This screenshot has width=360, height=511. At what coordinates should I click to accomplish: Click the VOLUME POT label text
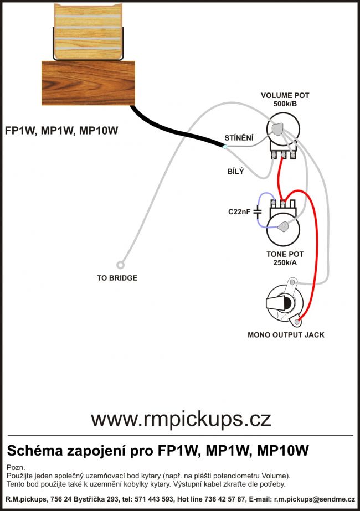tap(285, 96)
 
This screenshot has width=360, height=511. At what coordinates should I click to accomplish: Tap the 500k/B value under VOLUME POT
tap(285, 104)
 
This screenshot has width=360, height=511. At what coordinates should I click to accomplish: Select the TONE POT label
tap(285, 254)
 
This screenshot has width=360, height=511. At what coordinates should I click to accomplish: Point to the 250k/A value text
tap(285, 262)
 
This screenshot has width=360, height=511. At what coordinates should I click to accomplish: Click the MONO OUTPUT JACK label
tap(286, 335)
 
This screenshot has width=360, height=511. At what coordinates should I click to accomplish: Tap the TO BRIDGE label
tap(117, 278)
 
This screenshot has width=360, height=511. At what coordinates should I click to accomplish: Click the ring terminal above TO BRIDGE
tap(119, 265)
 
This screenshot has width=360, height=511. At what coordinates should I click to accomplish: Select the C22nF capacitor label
tap(240, 211)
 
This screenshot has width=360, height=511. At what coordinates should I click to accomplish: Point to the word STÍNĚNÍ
tap(239, 137)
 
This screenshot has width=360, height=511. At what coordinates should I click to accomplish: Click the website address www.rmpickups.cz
tap(181, 419)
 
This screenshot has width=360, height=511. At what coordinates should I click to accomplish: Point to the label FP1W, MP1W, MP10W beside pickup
tap(61, 131)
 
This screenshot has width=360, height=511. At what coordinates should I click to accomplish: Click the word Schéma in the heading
tap(33, 450)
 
